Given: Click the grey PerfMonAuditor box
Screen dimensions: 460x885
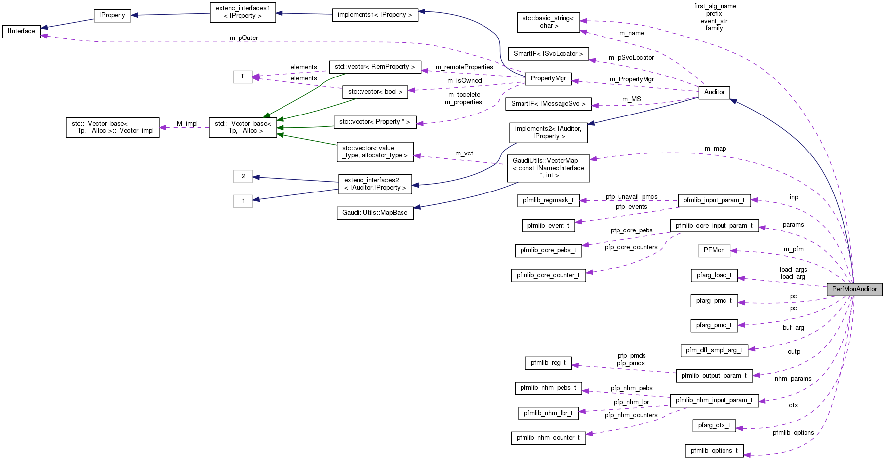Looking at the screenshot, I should pos(854,289).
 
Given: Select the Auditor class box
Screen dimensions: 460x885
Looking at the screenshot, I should pos(714,92).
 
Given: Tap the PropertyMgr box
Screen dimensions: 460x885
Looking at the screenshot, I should pos(548,78).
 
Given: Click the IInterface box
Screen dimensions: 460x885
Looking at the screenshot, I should pos(22,31).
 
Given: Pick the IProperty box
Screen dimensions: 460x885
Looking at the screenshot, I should pos(112,15).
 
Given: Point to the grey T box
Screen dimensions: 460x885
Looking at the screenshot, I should pos(242,77).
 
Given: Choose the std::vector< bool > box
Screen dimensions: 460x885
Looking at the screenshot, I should pos(375,92).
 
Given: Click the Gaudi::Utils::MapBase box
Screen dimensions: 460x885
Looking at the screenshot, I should pos(375,213).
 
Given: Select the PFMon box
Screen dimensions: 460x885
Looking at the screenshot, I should pos(714,250).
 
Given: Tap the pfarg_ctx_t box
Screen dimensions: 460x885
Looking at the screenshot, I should pos(714,425).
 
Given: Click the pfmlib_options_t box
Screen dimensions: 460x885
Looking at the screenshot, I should pos(714,451).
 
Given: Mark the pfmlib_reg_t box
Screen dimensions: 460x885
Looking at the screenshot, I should pos(548,363).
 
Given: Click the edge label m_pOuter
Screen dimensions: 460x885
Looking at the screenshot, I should pos(244,38).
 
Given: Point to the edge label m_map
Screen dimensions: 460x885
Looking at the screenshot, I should pos(715,149).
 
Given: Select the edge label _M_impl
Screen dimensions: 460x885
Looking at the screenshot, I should pos(187,124).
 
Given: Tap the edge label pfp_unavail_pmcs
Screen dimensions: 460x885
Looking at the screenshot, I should pos(632,197).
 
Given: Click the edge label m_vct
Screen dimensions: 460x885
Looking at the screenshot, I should pos(464,153).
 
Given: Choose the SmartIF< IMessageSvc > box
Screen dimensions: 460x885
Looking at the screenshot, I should pos(548,104).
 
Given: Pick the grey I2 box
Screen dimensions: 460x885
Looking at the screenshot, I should pos(242,176).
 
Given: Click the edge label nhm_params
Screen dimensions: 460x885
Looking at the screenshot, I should pos(793,379).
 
